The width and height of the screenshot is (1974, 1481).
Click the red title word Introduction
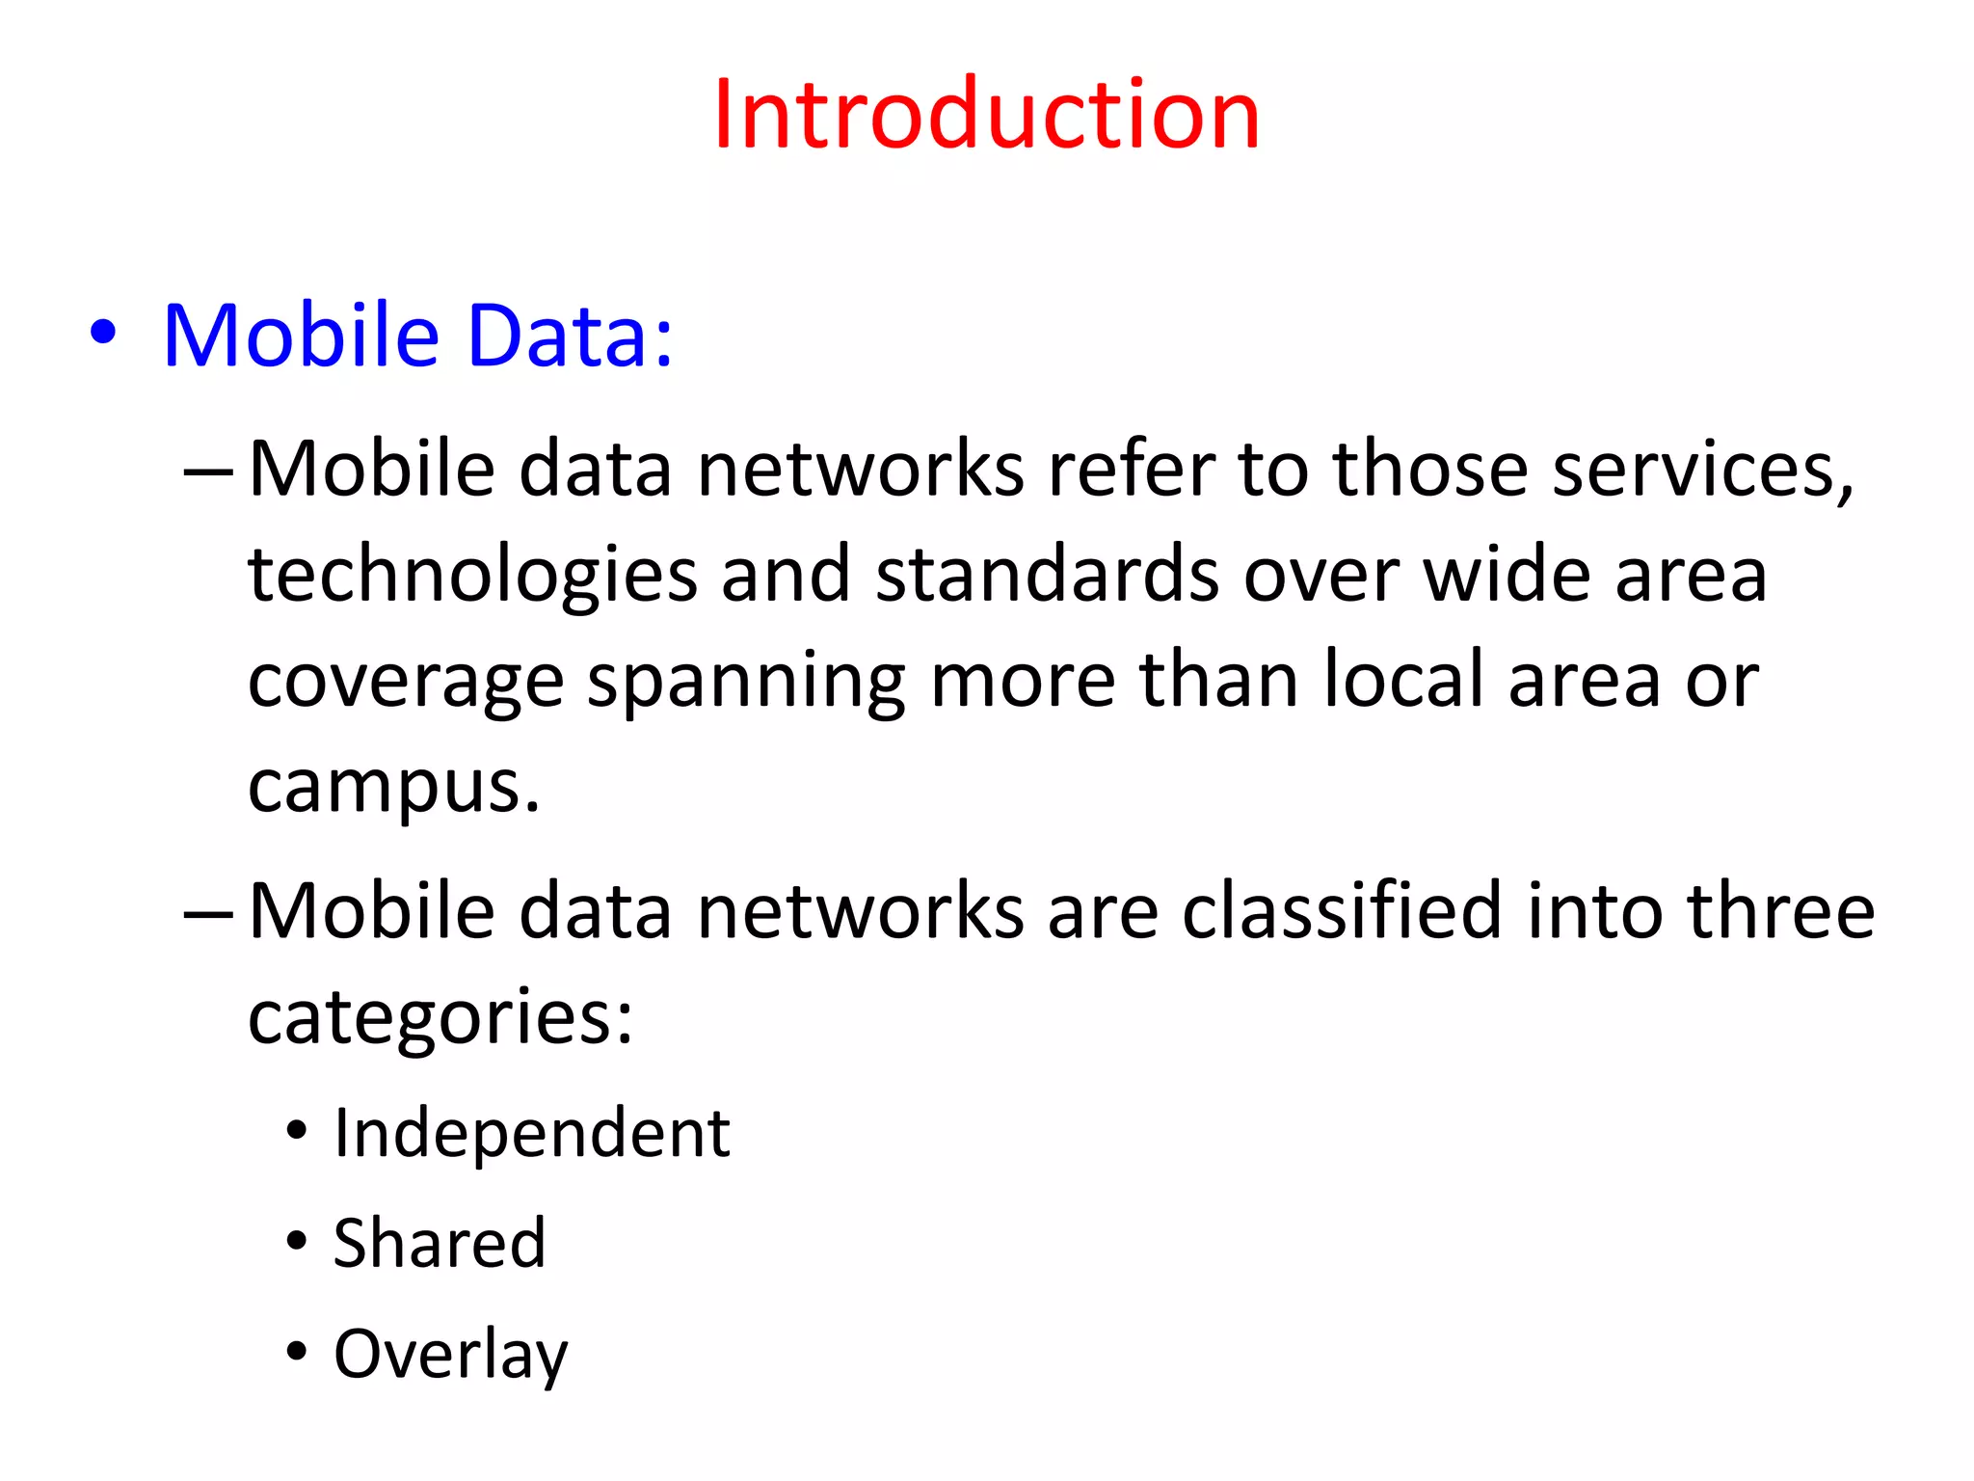pos(986,115)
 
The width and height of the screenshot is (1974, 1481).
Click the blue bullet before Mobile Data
pos(103,333)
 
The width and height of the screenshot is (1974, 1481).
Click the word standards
pos(1047,575)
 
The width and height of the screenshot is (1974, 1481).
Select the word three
pos(1780,910)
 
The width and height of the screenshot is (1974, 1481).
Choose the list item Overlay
pos(450,1355)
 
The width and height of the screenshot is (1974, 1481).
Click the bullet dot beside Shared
pos(297,1241)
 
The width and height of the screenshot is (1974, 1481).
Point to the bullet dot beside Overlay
pos(297,1352)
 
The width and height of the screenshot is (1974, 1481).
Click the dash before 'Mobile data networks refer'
pos(207,472)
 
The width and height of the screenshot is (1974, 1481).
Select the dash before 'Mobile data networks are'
pos(207,913)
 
